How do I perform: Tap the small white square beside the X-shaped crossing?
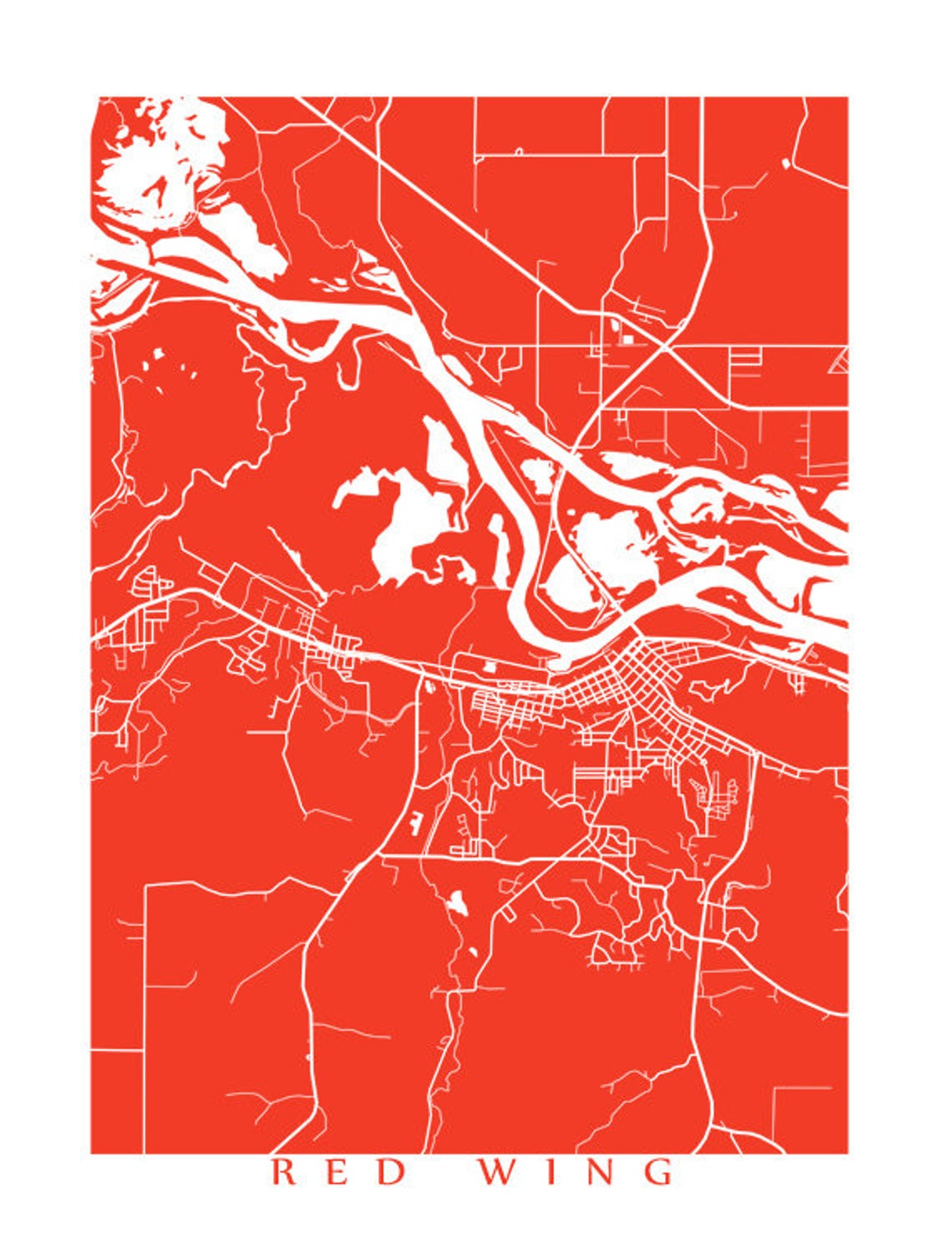pos(628,338)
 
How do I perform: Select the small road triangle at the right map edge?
pos(840,359)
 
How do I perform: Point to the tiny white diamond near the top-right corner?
pos(784,163)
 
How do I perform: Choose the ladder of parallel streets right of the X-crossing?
pos(745,361)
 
